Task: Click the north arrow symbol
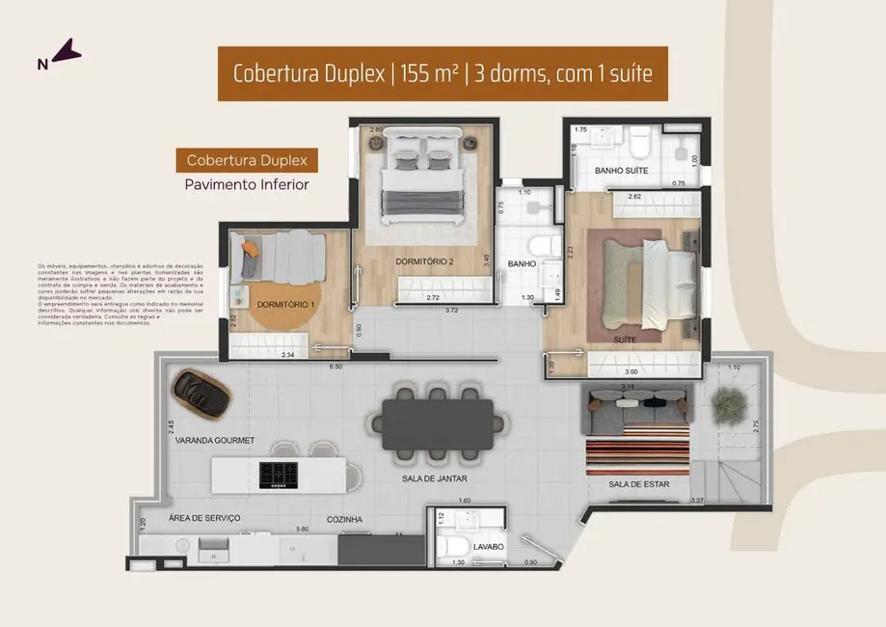pyautogui.click(x=66, y=52)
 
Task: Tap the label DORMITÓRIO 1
pyautogui.click(x=286, y=305)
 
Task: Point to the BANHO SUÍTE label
pyautogui.click(x=621, y=171)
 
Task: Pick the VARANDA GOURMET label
pyautogui.click(x=215, y=440)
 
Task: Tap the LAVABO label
pyautogui.click(x=489, y=546)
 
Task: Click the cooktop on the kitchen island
pyautogui.click(x=281, y=473)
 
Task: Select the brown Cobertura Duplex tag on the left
pyautogui.click(x=246, y=160)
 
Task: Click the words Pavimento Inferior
pyautogui.click(x=246, y=184)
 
